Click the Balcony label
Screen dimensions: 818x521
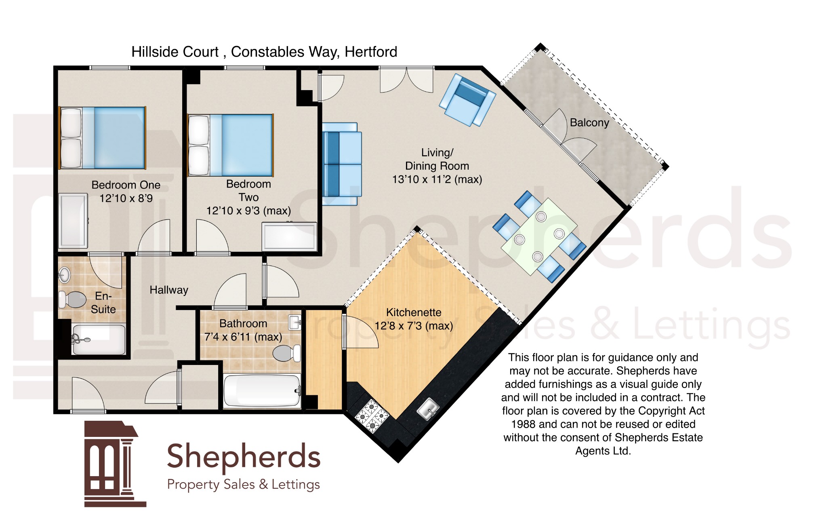coord(589,123)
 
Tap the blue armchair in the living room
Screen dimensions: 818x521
coord(467,100)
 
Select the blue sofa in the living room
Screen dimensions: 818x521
coord(342,164)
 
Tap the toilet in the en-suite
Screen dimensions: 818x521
coord(73,300)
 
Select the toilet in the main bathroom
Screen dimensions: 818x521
coord(287,353)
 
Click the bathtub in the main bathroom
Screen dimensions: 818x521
coord(262,390)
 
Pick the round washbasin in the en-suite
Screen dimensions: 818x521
coord(64,275)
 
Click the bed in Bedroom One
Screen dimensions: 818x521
coord(102,137)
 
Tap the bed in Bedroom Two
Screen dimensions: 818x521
coord(231,145)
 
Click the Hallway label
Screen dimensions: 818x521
coord(169,290)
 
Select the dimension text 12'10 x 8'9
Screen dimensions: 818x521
coord(126,198)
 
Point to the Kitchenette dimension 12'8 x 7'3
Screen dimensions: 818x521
coord(414,326)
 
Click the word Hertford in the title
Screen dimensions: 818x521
coord(371,52)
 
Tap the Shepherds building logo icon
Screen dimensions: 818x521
coord(115,464)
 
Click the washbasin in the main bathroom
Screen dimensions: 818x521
coord(295,323)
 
